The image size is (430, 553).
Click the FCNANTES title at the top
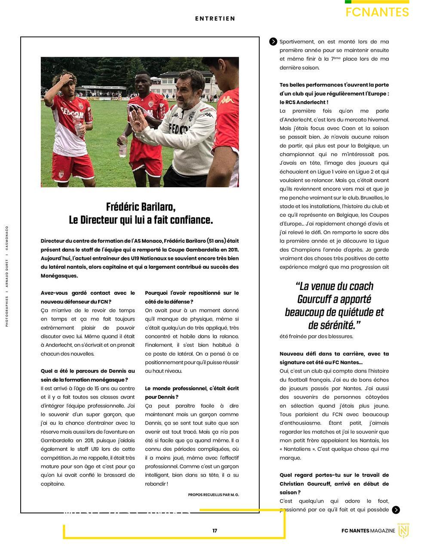pos(377,12)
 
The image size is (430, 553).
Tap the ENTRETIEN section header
pos(215,19)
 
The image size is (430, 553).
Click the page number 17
pos(215,531)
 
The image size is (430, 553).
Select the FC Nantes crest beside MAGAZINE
pos(403,531)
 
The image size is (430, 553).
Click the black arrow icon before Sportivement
pos(273,42)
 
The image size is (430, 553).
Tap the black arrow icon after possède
pos(396,510)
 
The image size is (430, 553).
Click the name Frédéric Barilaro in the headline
pos(141,207)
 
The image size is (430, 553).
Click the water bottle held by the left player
pos(77,125)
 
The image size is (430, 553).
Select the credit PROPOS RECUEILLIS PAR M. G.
pos(213,495)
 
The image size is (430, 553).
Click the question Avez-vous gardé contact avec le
pos(88,293)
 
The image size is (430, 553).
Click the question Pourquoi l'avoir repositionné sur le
pos(192,293)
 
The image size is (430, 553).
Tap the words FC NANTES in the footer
pos(355,531)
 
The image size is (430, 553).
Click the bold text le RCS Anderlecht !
pos(304,102)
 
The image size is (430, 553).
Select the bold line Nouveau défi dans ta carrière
pos(334,354)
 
